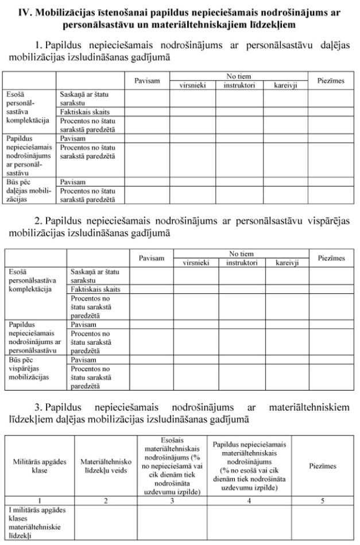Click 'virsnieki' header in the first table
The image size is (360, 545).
[192, 85]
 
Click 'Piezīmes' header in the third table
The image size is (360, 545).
[323, 466]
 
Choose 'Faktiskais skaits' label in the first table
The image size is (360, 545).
[84, 112]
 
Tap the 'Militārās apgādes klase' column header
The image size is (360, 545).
[40, 466]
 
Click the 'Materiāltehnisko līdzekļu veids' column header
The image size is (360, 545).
[106, 466]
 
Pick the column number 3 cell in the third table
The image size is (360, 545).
[172, 501]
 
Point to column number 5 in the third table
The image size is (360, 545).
[323, 501]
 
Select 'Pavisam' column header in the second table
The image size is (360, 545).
[152, 258]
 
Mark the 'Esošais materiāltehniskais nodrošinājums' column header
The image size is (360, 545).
[172, 466]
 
